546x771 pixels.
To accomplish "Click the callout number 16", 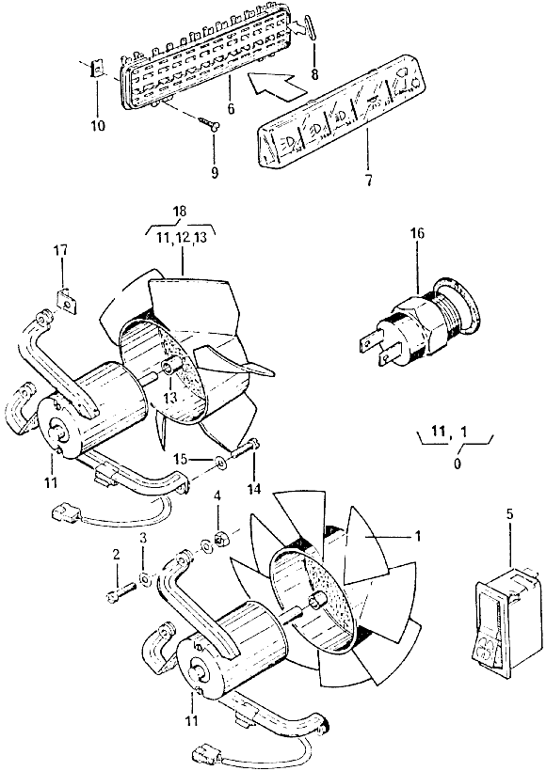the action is coord(417,233).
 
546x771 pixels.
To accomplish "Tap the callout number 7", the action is coord(368,181).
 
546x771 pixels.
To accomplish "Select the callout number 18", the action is coord(180,212).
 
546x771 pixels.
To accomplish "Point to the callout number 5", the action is coord(509,514).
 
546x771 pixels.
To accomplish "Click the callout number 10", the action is coord(98,126).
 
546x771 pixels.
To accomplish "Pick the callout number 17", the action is coord(62,251).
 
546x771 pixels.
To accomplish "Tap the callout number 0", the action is coord(458,464).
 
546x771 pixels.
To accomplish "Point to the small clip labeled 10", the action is coord(98,69).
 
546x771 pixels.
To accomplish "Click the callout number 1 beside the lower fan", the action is coord(417,536).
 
